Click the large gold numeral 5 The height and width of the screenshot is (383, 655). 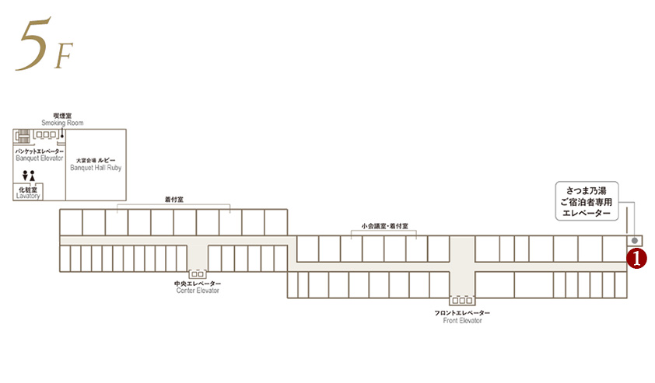(x=33, y=44)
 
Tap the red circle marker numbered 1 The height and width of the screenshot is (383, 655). (x=636, y=258)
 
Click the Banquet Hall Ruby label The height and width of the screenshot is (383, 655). (x=96, y=168)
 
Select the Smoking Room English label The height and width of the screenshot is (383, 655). (x=62, y=123)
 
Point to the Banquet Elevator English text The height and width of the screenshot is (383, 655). (x=39, y=158)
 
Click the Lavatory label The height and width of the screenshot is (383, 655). (x=28, y=196)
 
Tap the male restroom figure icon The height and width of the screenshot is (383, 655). (x=25, y=176)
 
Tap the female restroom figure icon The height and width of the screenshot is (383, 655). (x=32, y=176)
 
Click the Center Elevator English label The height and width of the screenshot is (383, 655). (x=198, y=291)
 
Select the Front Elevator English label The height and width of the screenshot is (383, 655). (x=462, y=320)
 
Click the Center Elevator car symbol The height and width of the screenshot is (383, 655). (x=198, y=274)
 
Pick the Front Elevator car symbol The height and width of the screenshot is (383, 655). (x=462, y=300)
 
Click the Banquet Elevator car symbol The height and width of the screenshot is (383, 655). (x=46, y=134)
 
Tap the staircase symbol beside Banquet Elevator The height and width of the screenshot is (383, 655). (x=23, y=137)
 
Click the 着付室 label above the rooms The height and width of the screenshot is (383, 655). (x=173, y=200)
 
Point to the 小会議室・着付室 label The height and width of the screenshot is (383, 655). (x=385, y=226)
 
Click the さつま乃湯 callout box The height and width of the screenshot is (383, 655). (x=587, y=201)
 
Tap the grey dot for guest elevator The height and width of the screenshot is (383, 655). (x=635, y=241)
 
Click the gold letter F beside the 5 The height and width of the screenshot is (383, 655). (x=64, y=55)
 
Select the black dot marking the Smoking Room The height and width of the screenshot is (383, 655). (x=61, y=135)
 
